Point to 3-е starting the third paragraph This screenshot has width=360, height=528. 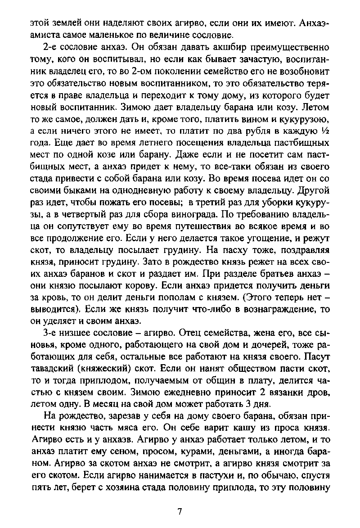(x=49, y=334)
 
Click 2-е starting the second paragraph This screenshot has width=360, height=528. (x=49, y=47)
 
